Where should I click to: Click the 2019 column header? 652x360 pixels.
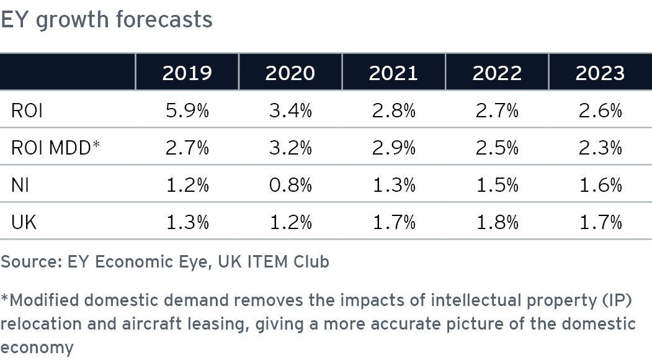pos(187,73)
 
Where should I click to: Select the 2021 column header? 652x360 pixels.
pos(393,73)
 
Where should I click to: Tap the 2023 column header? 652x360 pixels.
pos(599,73)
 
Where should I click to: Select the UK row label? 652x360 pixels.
pos(24,222)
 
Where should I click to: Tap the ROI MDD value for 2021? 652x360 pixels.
pos(393,148)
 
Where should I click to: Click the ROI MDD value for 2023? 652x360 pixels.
pos(599,148)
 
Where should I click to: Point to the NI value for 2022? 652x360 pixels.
pos(496,185)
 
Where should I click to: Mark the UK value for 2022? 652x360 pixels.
pos(496,222)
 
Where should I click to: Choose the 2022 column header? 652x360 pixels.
pos(496,73)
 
